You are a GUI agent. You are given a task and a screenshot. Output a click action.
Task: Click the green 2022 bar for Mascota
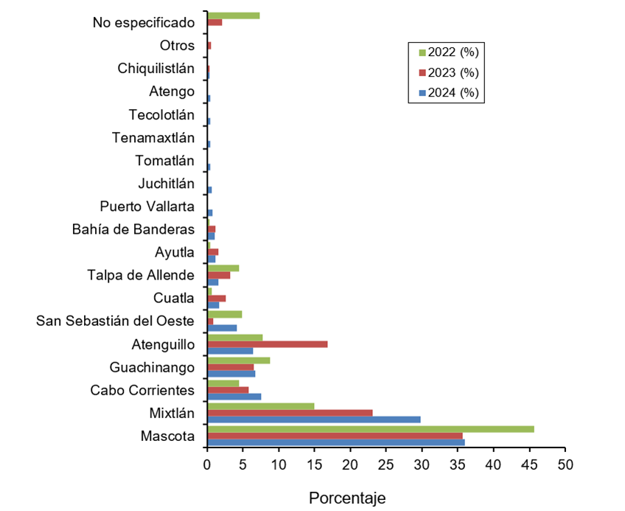[371, 428]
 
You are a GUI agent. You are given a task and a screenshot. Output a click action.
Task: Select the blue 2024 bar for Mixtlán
[314, 420]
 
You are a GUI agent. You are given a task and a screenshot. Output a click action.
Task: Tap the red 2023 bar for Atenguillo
[268, 344]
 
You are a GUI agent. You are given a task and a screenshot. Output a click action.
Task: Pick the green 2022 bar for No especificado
[234, 15]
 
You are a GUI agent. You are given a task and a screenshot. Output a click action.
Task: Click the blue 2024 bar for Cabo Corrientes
[234, 397]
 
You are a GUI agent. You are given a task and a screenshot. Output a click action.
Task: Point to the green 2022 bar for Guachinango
[239, 360]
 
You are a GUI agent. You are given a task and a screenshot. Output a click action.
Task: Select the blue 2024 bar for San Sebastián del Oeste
[222, 327]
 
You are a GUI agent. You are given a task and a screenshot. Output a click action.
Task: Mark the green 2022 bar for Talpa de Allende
[223, 268]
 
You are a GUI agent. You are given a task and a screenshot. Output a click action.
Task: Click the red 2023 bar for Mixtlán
[290, 412]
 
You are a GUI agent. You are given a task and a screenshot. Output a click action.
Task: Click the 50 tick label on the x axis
[565, 465]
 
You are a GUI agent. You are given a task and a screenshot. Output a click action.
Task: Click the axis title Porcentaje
[346, 498]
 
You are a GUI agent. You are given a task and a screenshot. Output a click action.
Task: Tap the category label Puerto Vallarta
[147, 206]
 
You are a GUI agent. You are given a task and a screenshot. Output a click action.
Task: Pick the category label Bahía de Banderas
[133, 229]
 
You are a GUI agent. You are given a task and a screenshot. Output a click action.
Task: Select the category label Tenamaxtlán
[153, 138]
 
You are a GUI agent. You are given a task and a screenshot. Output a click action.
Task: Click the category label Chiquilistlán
[156, 69]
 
